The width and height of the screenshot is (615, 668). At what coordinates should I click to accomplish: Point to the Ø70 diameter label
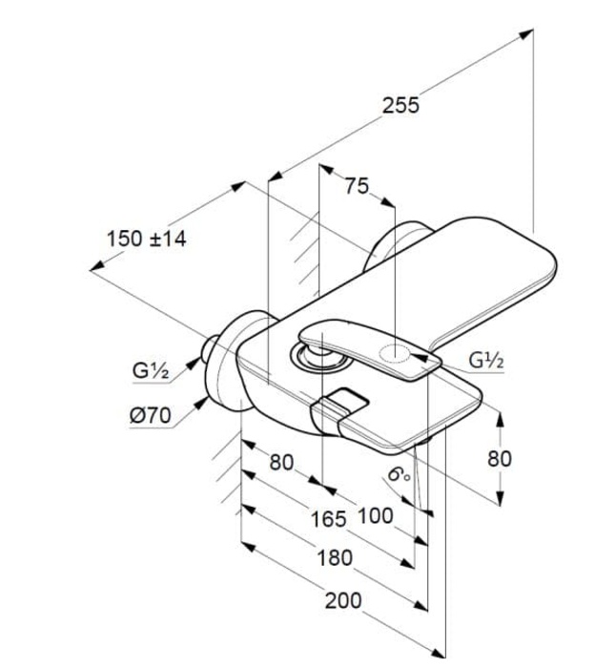pos(147,415)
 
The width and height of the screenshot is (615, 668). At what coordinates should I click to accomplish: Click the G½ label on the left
pos(152,370)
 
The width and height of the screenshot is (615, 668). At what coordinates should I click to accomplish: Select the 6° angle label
pos(399,472)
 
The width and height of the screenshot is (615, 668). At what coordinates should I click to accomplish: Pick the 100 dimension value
pos(375,516)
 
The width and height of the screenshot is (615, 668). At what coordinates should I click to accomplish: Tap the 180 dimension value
pos(335,557)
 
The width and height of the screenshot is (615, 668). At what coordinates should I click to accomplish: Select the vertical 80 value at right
pos(500,458)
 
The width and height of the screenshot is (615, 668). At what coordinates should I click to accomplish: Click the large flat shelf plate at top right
pos(477,277)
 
